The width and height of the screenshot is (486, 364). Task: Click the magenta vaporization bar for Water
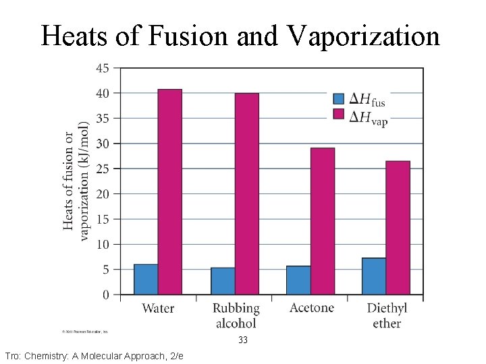(169, 192)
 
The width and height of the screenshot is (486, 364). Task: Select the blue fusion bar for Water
(146, 279)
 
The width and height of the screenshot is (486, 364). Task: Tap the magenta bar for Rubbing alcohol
(246, 194)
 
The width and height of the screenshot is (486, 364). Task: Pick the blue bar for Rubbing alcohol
(223, 281)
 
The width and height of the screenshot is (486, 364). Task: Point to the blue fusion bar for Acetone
(298, 280)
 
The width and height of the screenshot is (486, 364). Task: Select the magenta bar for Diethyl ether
(398, 228)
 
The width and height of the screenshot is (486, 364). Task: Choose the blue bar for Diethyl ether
(374, 276)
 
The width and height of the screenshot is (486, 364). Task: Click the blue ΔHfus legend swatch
(339, 98)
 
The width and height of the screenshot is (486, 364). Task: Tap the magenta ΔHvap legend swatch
(339, 114)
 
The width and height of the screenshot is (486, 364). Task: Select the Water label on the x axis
(158, 309)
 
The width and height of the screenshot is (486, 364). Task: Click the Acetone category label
(311, 308)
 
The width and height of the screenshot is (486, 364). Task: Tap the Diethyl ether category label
(387, 316)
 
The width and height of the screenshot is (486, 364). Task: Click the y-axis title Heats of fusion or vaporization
(76, 181)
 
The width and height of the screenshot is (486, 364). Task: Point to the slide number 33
(243, 340)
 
